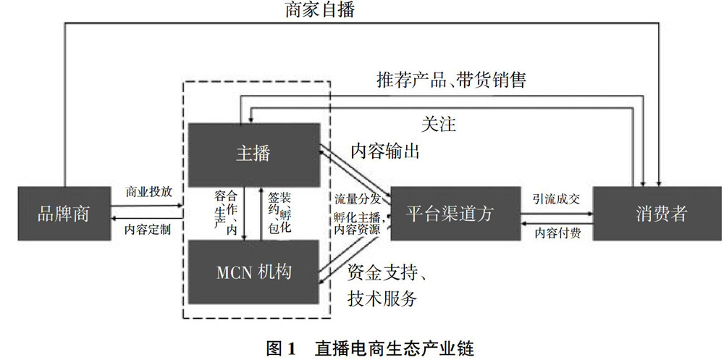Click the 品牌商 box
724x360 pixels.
pos(63,214)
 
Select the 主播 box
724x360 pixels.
pos(253,154)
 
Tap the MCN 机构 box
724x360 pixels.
pos(253,272)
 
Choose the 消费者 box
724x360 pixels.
pos(657,214)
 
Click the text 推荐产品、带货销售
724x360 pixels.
pos(451,80)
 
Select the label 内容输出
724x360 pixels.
pos(385,151)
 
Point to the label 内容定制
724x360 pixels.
pos(149,230)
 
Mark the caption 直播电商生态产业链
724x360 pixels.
pos(394,348)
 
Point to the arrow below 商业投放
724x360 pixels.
pos(149,206)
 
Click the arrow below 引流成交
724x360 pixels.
pos(556,214)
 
